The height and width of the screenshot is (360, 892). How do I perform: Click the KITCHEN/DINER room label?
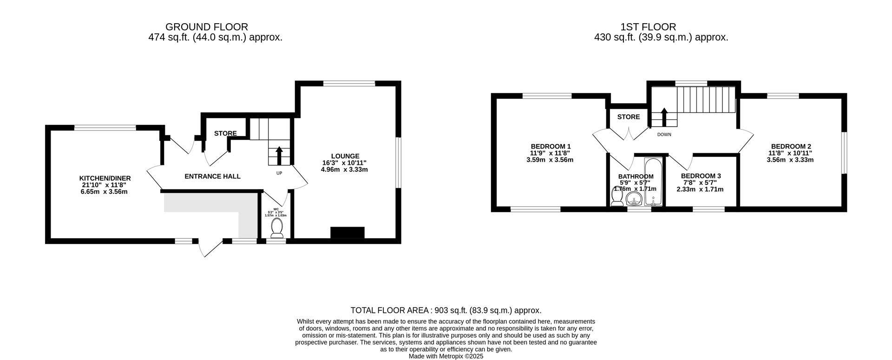105,178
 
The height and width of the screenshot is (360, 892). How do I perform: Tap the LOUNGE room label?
345,156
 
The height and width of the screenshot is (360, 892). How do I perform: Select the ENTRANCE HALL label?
212,177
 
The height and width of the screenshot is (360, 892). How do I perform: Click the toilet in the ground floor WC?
276,228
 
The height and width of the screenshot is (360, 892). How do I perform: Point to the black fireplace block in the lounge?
347,232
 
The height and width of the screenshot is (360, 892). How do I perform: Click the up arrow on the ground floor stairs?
279,156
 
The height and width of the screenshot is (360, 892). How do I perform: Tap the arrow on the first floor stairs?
664,117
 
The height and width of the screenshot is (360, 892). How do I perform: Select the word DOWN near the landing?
664,135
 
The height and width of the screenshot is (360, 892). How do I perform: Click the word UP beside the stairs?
279,173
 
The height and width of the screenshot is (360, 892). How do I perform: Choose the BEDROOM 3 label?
701,176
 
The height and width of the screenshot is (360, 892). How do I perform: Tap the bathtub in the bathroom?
654,183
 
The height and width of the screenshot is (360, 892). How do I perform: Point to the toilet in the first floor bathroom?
617,199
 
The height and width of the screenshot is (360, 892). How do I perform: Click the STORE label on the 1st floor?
628,117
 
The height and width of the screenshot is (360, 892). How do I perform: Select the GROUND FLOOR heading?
206,27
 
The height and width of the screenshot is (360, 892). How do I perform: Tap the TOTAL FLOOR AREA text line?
446,310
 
